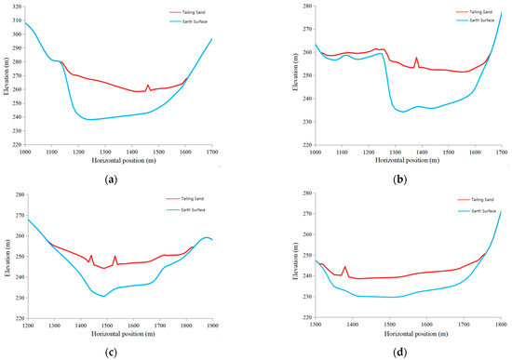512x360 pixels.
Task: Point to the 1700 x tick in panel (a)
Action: (212, 151)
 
